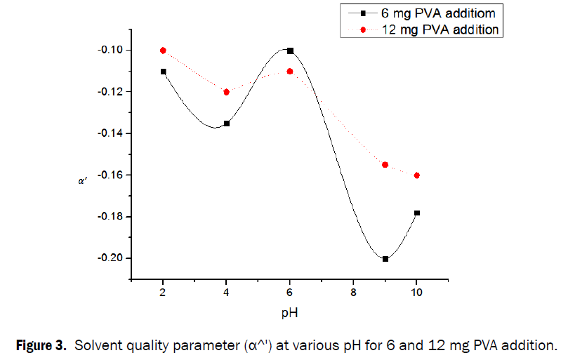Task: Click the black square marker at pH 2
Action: [x=163, y=72]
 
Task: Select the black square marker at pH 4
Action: [x=226, y=124]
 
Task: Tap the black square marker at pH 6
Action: [x=290, y=51]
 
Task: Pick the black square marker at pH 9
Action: [x=385, y=259]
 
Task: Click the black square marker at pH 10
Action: [x=417, y=213]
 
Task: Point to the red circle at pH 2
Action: [x=163, y=51]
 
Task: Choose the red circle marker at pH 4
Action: [x=226, y=92]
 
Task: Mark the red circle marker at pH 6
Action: [x=290, y=72]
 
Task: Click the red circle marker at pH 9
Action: [x=385, y=165]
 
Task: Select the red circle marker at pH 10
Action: [x=417, y=175]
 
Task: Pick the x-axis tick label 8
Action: [x=353, y=293]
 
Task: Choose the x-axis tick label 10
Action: [x=417, y=293]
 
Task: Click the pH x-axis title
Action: [x=289, y=312]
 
